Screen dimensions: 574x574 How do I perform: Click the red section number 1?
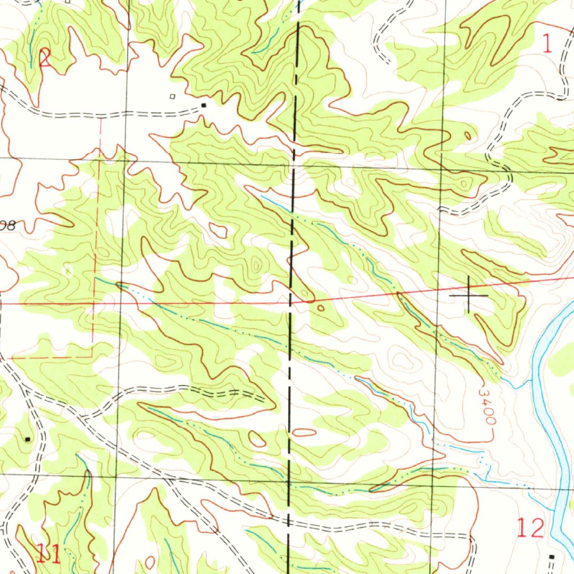click(x=548, y=44)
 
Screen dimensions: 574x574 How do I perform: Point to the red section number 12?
click(x=530, y=528)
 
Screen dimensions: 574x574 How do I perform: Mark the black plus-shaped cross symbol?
click(x=469, y=294)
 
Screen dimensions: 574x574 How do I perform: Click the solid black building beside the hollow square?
click(x=203, y=105)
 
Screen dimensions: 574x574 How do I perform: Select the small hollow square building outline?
click(x=173, y=96)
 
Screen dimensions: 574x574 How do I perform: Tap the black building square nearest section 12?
click(x=552, y=556)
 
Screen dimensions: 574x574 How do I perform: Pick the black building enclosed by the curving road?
click(x=27, y=439)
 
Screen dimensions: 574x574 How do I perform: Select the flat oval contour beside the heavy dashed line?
click(x=304, y=432)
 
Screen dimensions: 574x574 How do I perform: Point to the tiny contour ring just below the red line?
click(x=320, y=307)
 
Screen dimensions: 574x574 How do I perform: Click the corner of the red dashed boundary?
click(x=92, y=356)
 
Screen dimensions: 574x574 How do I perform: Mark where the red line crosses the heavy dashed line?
click(x=290, y=303)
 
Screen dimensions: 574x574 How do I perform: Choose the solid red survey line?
click(x=168, y=303)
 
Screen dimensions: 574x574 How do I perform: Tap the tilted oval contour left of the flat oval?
click(x=257, y=439)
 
